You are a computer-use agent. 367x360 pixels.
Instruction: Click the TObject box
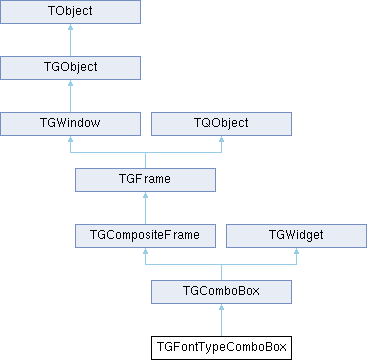tap(70, 12)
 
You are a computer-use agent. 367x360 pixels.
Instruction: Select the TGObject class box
tap(70, 68)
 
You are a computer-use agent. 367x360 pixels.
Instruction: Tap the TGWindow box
tap(70, 124)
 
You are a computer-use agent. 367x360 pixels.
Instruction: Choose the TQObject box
tap(221, 124)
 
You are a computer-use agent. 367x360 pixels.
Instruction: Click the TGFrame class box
tap(145, 180)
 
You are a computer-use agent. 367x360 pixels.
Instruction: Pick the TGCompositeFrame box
tap(145, 236)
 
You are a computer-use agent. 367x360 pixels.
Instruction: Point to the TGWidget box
tap(296, 236)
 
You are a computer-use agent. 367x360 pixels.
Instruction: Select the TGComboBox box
tap(221, 292)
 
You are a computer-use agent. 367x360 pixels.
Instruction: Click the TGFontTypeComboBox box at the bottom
tap(221, 348)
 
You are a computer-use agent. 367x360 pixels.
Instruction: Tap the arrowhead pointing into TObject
tap(70, 27)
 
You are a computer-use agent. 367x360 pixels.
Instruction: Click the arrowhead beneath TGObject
tap(70, 83)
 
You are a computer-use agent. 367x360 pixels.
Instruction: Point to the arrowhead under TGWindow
tap(70, 139)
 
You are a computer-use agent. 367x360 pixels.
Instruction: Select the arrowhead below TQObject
tap(221, 139)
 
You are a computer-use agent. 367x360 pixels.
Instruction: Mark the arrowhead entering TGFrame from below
tap(145, 195)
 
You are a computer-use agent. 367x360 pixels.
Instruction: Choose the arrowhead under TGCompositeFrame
tap(145, 251)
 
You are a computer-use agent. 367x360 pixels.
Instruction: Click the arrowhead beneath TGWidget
tap(296, 251)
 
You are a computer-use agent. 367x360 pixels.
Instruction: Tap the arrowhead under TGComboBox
tap(221, 307)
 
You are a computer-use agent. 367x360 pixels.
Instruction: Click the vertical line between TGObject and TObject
tap(70, 43)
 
